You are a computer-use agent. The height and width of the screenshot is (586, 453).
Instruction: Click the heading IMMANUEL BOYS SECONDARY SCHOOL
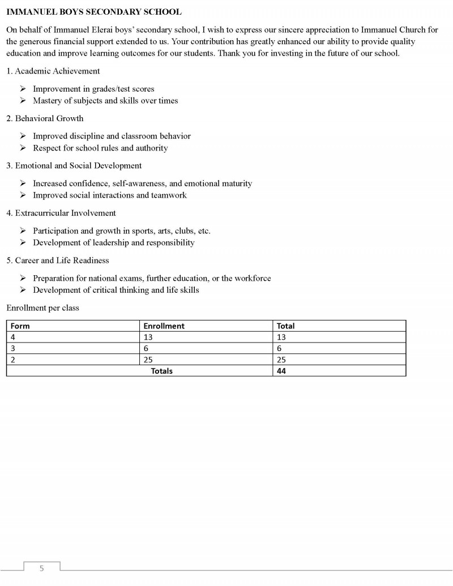(94, 12)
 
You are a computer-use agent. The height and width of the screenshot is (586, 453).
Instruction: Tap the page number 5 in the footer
(41, 568)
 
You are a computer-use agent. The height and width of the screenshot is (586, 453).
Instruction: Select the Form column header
(20, 326)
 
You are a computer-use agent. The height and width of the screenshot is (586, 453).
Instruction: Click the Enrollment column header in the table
(164, 326)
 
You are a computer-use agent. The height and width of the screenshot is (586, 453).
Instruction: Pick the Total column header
(285, 326)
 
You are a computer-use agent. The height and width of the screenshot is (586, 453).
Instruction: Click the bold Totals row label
(162, 371)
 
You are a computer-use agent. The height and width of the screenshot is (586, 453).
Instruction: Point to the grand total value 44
(281, 371)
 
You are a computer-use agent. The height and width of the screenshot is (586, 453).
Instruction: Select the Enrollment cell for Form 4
(148, 337)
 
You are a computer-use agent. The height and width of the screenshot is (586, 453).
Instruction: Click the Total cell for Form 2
(281, 360)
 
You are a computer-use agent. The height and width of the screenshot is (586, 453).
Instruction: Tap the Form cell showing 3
(13, 348)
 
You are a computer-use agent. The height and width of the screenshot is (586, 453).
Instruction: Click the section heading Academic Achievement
(57, 71)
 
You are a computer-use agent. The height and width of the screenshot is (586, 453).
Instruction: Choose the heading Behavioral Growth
(49, 118)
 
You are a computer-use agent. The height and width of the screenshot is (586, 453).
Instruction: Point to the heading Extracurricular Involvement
(65, 213)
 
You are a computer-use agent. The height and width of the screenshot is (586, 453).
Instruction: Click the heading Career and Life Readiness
(62, 260)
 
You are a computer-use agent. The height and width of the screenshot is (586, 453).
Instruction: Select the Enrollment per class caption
(43, 308)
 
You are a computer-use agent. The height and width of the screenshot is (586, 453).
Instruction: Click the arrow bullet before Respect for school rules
(23, 148)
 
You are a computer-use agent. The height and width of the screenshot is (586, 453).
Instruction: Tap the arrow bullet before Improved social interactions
(23, 195)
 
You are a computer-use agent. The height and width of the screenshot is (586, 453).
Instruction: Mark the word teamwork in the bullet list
(169, 195)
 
